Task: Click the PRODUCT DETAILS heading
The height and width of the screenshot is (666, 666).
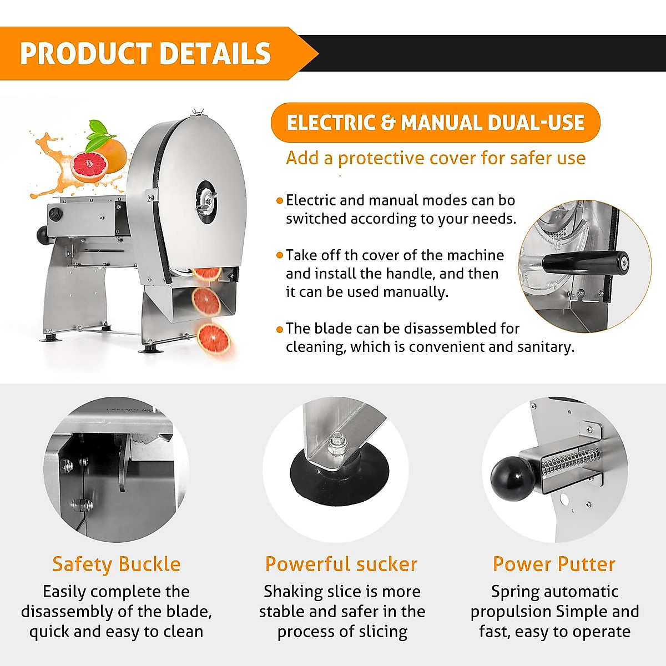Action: (145, 53)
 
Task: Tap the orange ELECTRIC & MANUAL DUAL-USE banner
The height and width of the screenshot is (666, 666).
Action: (435, 123)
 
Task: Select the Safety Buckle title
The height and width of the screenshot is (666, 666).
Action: (117, 564)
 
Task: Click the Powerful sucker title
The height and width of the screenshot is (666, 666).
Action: (341, 564)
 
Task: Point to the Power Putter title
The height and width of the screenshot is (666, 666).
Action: (554, 564)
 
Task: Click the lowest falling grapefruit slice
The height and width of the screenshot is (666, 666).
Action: (214, 339)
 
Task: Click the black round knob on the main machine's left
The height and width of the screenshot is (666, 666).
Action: (44, 235)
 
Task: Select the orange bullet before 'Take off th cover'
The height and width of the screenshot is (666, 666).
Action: (280, 255)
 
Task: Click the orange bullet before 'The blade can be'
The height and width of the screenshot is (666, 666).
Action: (280, 329)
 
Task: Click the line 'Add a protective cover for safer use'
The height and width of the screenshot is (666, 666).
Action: (435, 158)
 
